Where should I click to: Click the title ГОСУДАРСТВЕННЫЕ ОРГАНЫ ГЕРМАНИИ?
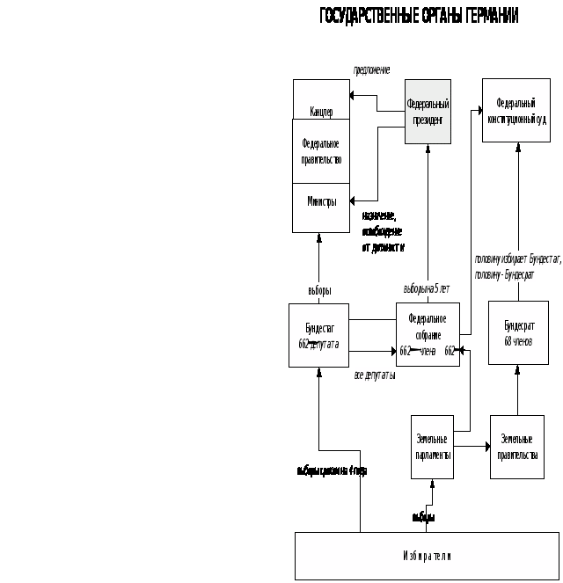coord(419,16)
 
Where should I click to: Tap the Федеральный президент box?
coord(428,112)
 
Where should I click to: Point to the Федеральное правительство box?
coord(321,151)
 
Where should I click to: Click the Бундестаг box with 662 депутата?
coord(318,335)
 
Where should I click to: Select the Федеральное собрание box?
coord(428,334)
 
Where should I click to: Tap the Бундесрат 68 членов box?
coord(518,332)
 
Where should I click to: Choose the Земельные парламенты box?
coord(432,447)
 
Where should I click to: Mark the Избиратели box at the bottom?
coord(427,556)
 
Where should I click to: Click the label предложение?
coord(371,69)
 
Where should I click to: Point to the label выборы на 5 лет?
coord(427,288)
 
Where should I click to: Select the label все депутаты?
coord(375,375)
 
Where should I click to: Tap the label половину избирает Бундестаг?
coord(517,259)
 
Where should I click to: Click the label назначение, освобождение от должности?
coord(382,231)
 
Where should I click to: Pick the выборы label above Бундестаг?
coord(318,290)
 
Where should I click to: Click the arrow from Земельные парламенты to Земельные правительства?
coord(472,447)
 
